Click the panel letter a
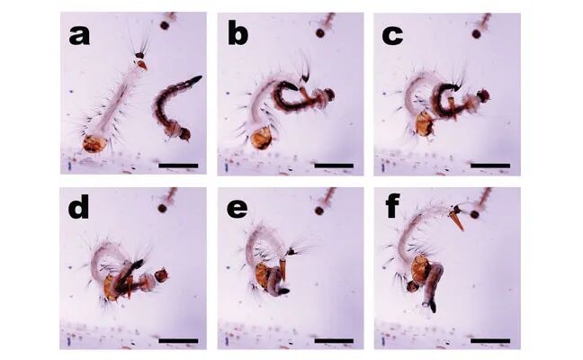coord(79,36)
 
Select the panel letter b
coord(238,33)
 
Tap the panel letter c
coord(392,36)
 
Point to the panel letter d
coord(78,206)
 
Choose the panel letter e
coord(237,210)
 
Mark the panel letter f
coord(392,206)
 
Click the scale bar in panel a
coord(178,166)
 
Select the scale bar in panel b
coord(334,166)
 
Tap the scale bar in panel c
coord(490,166)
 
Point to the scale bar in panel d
coord(178,340)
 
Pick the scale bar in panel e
coord(334,340)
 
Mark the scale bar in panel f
coord(490,340)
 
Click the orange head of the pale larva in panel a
coord(94,144)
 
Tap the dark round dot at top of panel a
coord(164,25)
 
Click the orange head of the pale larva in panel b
coord(262,138)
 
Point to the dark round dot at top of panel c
coord(476,34)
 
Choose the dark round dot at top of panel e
coord(319,211)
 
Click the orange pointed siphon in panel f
coord(458,220)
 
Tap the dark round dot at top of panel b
coord(320,33)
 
